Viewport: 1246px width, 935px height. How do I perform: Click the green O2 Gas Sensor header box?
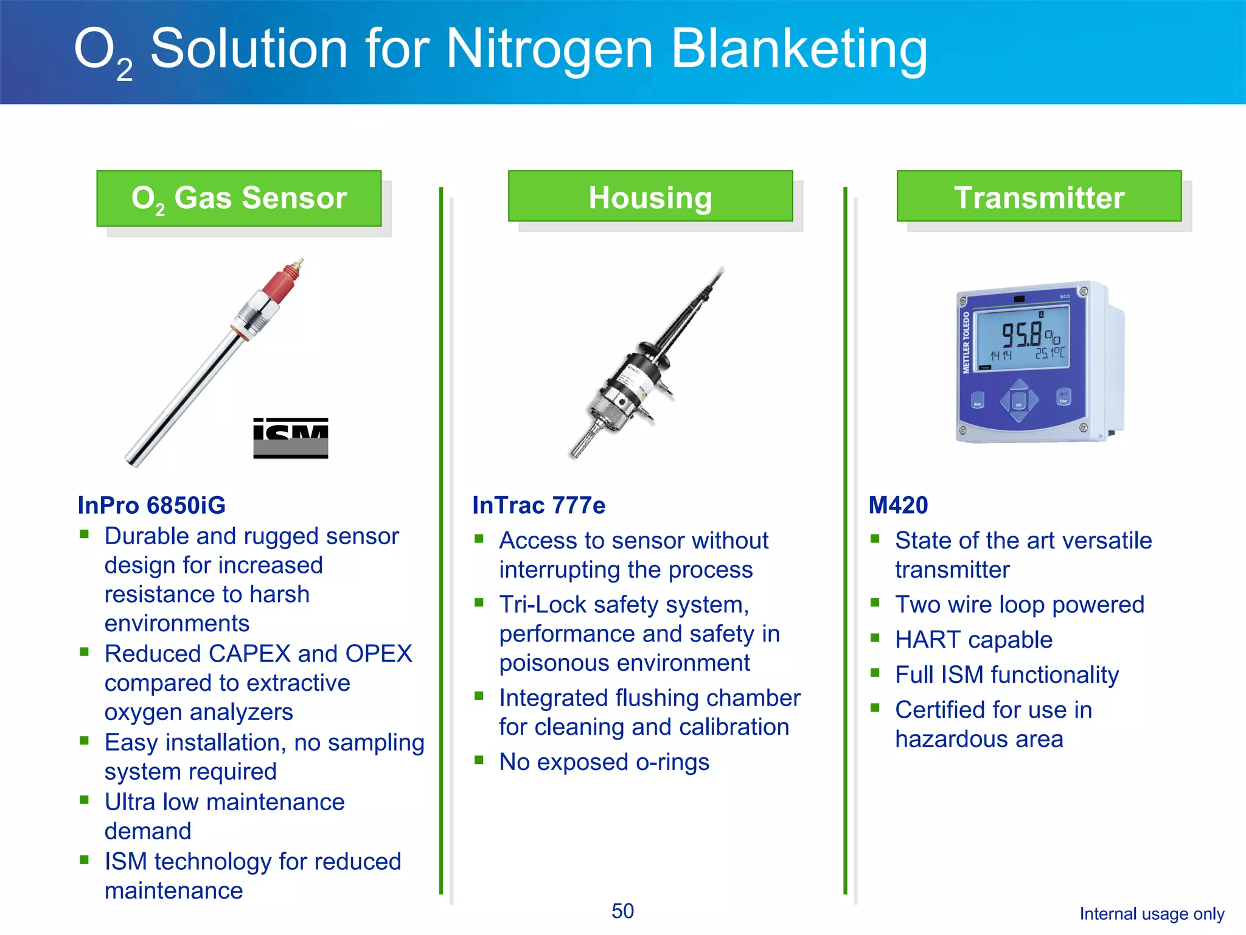[x=238, y=198]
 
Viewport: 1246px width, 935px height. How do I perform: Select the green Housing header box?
[x=650, y=197]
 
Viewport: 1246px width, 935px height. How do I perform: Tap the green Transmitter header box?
[x=1039, y=197]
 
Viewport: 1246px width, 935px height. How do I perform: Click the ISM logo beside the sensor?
[x=290, y=438]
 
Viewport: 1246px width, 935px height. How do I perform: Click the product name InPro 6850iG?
[x=151, y=505]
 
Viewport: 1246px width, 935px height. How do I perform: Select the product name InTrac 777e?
[x=538, y=505]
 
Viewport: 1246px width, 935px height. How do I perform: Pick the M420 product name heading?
[x=897, y=505]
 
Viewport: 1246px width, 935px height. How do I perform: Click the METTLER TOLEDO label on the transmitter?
[x=966, y=342]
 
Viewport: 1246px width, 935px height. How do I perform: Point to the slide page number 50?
[x=622, y=911]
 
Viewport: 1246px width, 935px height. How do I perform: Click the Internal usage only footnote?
[x=1151, y=914]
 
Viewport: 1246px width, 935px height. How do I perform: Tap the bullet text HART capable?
[x=973, y=640]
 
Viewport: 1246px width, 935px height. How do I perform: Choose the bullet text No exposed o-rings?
[x=604, y=762]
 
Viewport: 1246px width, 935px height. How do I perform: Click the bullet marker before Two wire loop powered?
[x=875, y=603]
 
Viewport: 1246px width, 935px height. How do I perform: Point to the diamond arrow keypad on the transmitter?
[x=1019, y=401]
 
